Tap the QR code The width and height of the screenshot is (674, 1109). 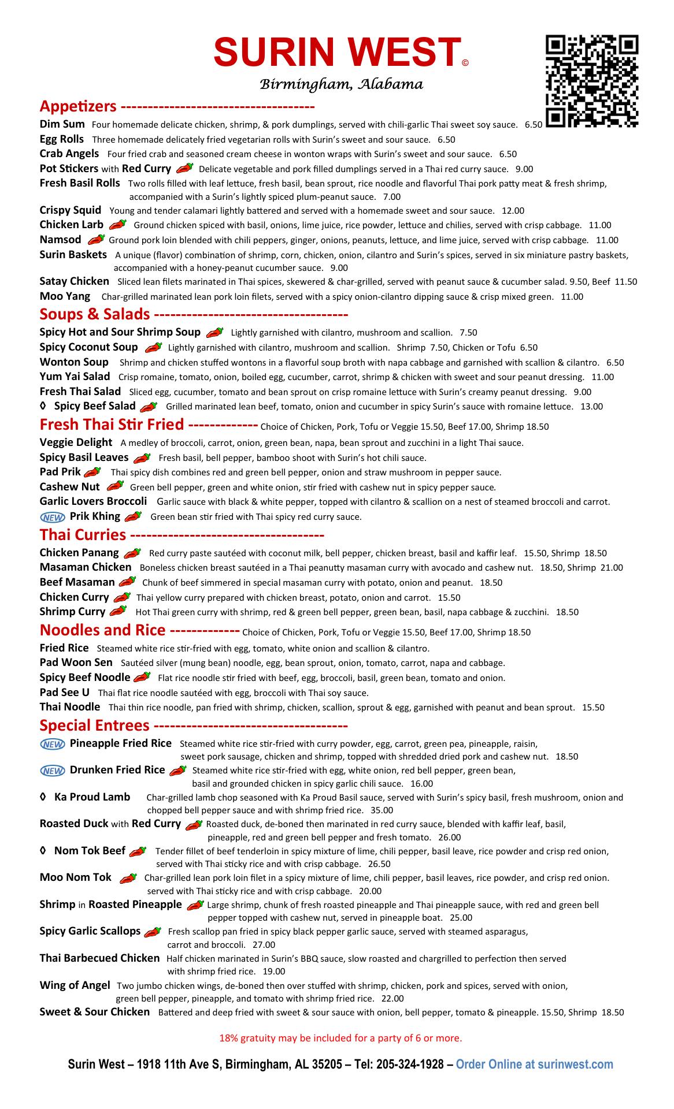point(592,81)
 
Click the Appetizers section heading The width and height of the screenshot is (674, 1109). point(78,106)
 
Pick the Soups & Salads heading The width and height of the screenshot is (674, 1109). point(95,314)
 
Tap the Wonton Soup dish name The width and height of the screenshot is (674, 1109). point(74,362)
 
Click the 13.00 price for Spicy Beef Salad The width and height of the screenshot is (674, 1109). point(591,407)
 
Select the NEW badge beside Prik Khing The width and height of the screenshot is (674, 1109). point(52,517)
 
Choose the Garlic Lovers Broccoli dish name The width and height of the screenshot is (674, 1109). point(93,501)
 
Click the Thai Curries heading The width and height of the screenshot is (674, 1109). point(83,534)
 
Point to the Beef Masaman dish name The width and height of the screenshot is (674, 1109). point(77,582)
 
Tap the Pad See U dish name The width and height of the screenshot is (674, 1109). point(64,693)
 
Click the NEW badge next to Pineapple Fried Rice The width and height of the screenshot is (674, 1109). point(52,745)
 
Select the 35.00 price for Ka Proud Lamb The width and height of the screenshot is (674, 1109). point(382,810)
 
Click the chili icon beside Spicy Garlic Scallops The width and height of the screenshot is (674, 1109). point(153,931)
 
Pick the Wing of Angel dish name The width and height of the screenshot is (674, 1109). point(75,985)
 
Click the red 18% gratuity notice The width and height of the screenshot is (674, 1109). point(340,1038)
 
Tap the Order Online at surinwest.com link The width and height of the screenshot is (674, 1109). point(535,1065)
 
